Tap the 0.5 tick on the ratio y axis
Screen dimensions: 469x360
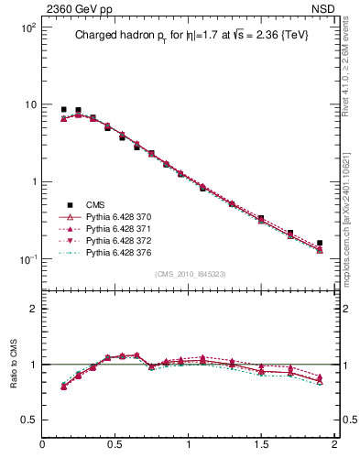click(x=29, y=420)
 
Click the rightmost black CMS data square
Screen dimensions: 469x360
click(x=320, y=244)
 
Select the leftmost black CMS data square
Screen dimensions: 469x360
click(x=63, y=109)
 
